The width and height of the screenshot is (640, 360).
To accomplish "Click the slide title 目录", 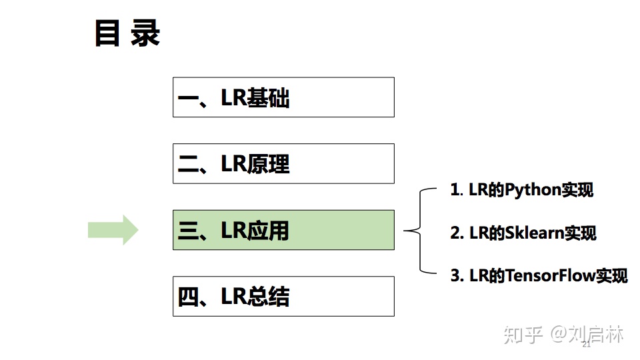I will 127,33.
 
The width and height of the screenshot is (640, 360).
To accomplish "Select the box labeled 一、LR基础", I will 283,97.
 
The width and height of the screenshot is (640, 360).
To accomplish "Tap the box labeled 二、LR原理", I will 283,163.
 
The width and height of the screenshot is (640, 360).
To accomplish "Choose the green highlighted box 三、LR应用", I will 283,230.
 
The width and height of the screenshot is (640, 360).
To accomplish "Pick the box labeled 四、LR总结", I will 283,296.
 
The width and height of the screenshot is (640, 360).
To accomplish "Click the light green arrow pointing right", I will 113,230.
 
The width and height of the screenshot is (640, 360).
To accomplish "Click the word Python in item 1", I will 533,190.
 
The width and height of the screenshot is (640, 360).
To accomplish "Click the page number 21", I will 587,345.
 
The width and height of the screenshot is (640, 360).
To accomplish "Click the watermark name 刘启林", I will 596,334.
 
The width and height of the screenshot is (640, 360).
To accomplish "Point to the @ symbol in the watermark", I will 557,334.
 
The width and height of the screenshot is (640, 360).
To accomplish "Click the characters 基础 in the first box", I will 269,98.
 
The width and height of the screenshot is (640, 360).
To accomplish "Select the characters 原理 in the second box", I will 269,164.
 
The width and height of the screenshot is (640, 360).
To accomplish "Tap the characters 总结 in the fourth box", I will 269,297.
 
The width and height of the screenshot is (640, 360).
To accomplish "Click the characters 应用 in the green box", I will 269,231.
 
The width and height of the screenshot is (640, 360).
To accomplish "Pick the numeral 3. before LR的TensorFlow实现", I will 457,275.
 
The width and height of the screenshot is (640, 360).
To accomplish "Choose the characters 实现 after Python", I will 577,190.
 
